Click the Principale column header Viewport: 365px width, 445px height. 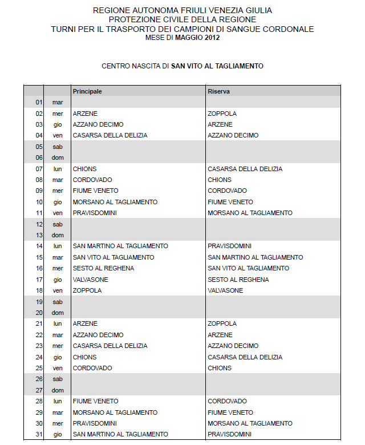[87, 91]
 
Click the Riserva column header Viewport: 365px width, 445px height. [218, 91]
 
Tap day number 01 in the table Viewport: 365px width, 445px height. [39, 102]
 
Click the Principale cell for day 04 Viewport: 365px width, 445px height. [110, 135]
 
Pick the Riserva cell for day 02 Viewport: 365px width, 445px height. [222, 114]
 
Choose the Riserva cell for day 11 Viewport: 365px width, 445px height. [250, 213]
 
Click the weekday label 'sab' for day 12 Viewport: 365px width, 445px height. [57, 224]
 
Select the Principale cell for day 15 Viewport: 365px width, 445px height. [113, 257]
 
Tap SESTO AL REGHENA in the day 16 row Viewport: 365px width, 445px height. [103, 268]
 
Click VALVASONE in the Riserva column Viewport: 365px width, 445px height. [225, 290]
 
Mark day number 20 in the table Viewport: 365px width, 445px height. [39, 313]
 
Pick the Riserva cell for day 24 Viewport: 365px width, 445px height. [245, 357]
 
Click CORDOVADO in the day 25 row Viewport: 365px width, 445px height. [92, 368]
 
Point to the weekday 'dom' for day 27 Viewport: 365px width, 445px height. [57, 390]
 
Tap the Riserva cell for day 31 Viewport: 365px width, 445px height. [230, 434]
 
